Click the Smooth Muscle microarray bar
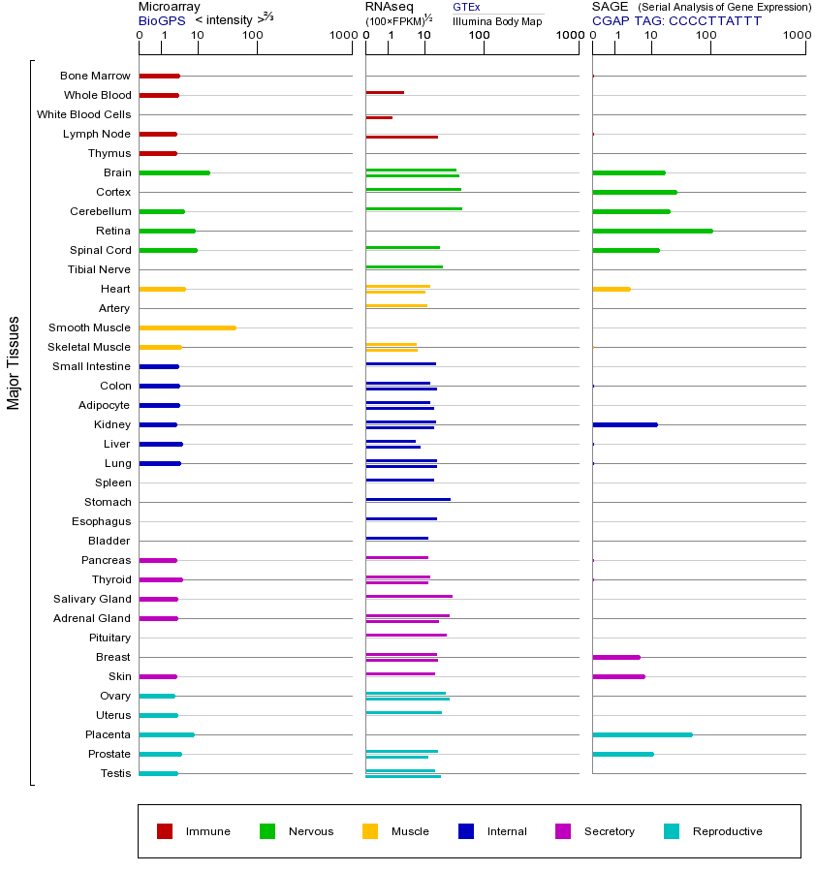pos(187,327)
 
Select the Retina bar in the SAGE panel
pos(652,231)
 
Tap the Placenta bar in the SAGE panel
pos(642,734)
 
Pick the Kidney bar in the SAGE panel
pos(625,424)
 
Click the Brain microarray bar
pos(174,172)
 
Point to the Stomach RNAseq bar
pos(408,499)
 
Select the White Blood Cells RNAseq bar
pos(379,117)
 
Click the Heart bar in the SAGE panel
pos(611,289)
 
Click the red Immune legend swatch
pos(165,831)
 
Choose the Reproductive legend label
pos(727,831)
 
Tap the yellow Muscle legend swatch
pos(370,831)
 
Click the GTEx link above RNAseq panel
pos(466,8)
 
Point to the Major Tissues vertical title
pos(14,362)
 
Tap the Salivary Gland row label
pos(92,599)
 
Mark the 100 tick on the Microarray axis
pos(253,36)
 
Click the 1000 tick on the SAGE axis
pos(797,36)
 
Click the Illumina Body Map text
pos(497,21)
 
